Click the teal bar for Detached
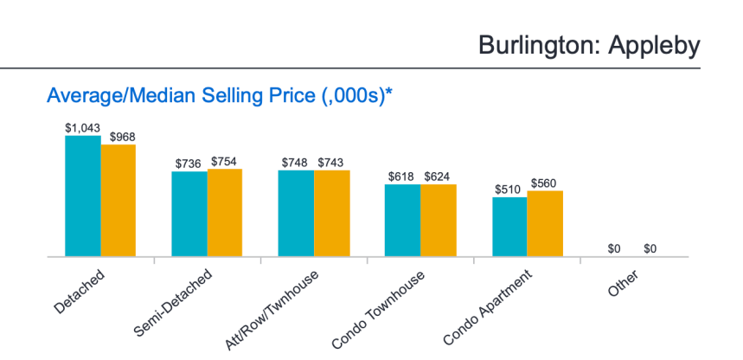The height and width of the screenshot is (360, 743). pos(83,196)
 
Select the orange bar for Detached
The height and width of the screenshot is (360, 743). pos(118,201)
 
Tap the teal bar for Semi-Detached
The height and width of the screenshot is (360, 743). pos(189,214)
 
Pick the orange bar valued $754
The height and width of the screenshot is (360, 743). pos(225,213)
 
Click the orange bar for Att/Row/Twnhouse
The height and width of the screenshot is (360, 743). pos(332,213)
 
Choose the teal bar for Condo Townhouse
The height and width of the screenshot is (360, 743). pos(402,221)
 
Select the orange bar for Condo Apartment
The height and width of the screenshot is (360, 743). pos(545,223)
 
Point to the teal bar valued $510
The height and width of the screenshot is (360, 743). pos(509,227)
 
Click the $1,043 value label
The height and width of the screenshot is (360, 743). pos(82,127)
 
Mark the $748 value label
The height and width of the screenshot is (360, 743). pos(296,163)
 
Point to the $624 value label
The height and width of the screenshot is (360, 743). pos(438,177)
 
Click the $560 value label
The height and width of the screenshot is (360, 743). pos(545,183)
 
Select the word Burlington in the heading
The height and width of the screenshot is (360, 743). pos(531,45)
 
